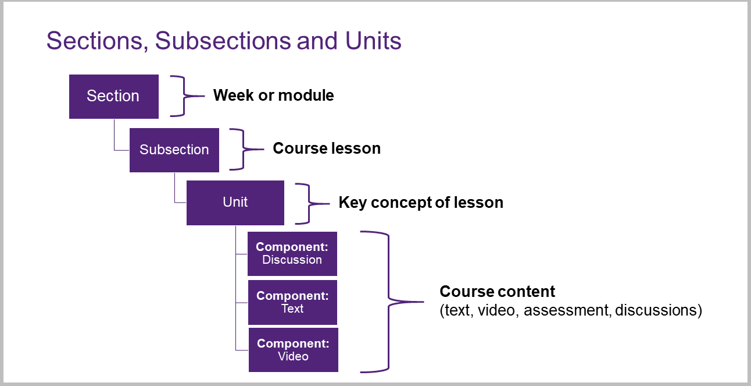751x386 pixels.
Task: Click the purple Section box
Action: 114,97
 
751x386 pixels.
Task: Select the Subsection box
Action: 174,150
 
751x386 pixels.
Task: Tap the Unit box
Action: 235,203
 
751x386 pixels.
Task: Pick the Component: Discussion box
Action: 292,254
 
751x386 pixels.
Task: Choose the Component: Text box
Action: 293,302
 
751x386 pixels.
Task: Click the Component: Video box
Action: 294,350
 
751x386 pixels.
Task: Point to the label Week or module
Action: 274,95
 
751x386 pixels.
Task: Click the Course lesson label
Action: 327,148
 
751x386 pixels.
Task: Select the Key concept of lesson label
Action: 421,203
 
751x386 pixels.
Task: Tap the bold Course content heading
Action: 498,291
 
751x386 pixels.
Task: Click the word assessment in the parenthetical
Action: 566,310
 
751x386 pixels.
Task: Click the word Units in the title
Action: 373,41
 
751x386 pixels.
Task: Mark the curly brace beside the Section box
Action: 184,96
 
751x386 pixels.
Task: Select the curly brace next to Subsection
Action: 244,149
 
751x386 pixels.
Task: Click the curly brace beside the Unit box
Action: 309,204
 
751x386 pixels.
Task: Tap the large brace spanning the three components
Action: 388,302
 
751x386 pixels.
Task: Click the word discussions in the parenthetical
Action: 659,310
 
